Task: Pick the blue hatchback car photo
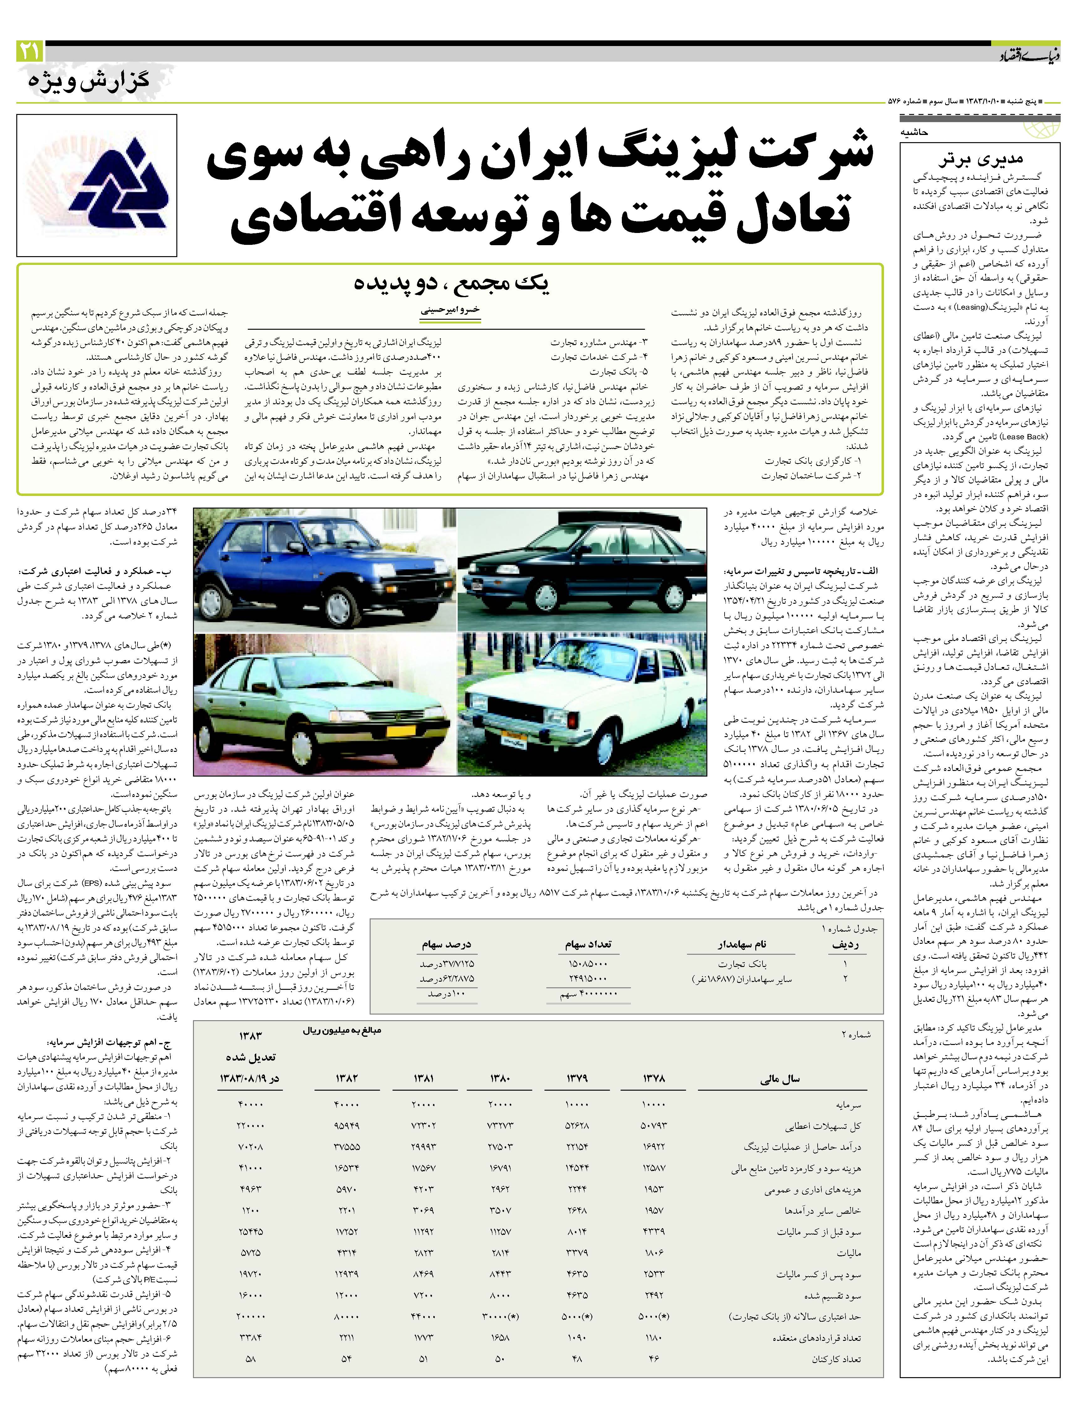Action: [325, 570]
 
